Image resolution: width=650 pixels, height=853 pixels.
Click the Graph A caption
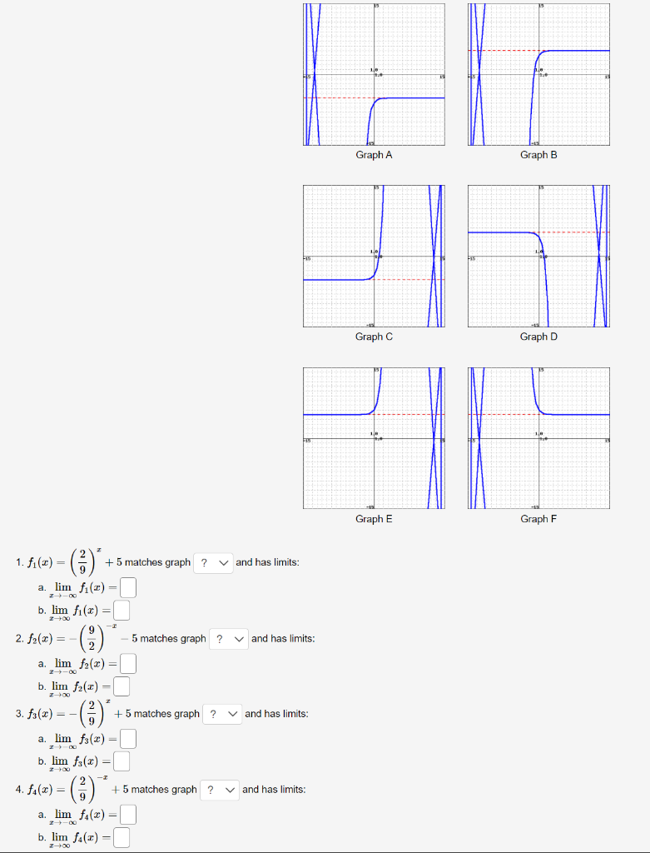tap(374, 155)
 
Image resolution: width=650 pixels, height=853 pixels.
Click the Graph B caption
tap(538, 155)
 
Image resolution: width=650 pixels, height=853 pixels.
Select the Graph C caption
tap(374, 337)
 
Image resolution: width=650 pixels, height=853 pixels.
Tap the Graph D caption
tap(538, 337)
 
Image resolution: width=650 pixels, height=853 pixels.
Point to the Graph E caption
tap(374, 519)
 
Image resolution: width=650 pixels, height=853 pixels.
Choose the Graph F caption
tap(538, 519)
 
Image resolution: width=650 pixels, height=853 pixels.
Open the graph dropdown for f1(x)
tap(213, 562)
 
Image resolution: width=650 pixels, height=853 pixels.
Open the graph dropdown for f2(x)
tap(229, 639)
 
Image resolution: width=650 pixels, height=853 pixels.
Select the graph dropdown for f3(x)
tap(222, 714)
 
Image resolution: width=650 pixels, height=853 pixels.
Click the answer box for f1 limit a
tap(127, 588)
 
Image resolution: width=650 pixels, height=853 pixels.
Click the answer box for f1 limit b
tap(122, 611)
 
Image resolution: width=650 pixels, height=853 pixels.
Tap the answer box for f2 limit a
tap(127, 664)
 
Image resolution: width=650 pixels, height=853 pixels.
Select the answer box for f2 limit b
tap(122, 686)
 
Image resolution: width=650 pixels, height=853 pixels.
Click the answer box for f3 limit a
tap(127, 739)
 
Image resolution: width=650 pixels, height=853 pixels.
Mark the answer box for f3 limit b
tap(122, 761)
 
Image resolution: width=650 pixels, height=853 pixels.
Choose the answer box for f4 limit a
tap(127, 815)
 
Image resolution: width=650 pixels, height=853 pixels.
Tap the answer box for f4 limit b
tap(122, 837)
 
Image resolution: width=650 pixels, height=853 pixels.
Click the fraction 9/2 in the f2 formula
tap(91, 639)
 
